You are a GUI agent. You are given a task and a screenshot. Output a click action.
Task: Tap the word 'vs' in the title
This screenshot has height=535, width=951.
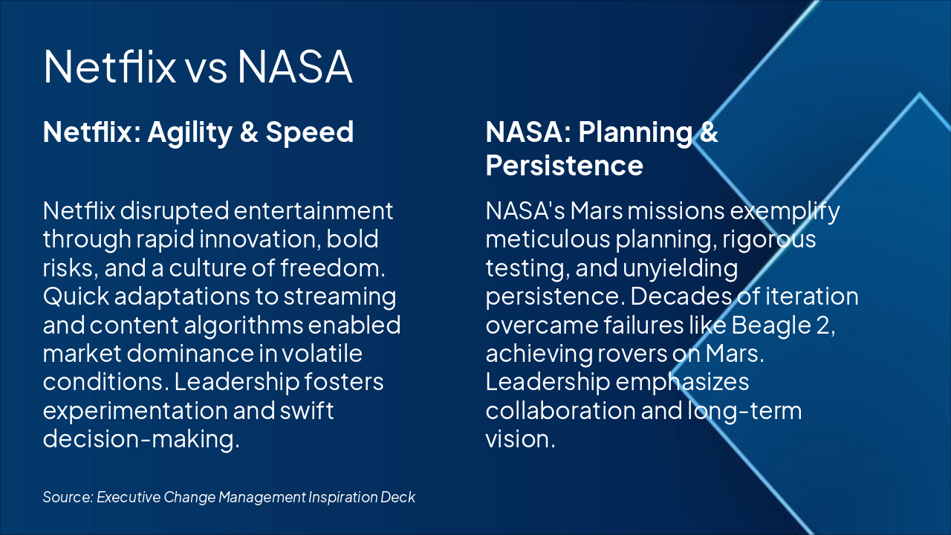pyautogui.click(x=207, y=68)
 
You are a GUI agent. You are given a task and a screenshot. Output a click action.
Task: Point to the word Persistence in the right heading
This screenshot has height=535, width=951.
pyautogui.click(x=564, y=165)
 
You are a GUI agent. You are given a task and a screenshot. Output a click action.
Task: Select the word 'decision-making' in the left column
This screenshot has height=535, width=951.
pyautogui.click(x=141, y=438)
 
